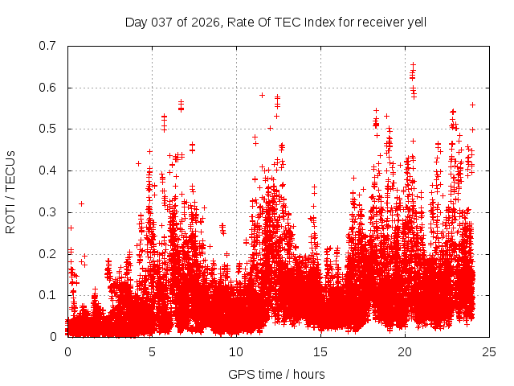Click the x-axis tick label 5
click(x=152, y=351)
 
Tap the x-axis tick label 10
click(x=236, y=351)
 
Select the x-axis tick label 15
click(x=320, y=351)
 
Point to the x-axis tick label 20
click(x=405, y=351)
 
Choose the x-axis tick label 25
click(x=489, y=351)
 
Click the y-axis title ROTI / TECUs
click(x=11, y=191)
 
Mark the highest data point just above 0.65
click(x=414, y=64)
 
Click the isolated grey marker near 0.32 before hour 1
click(x=81, y=203)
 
